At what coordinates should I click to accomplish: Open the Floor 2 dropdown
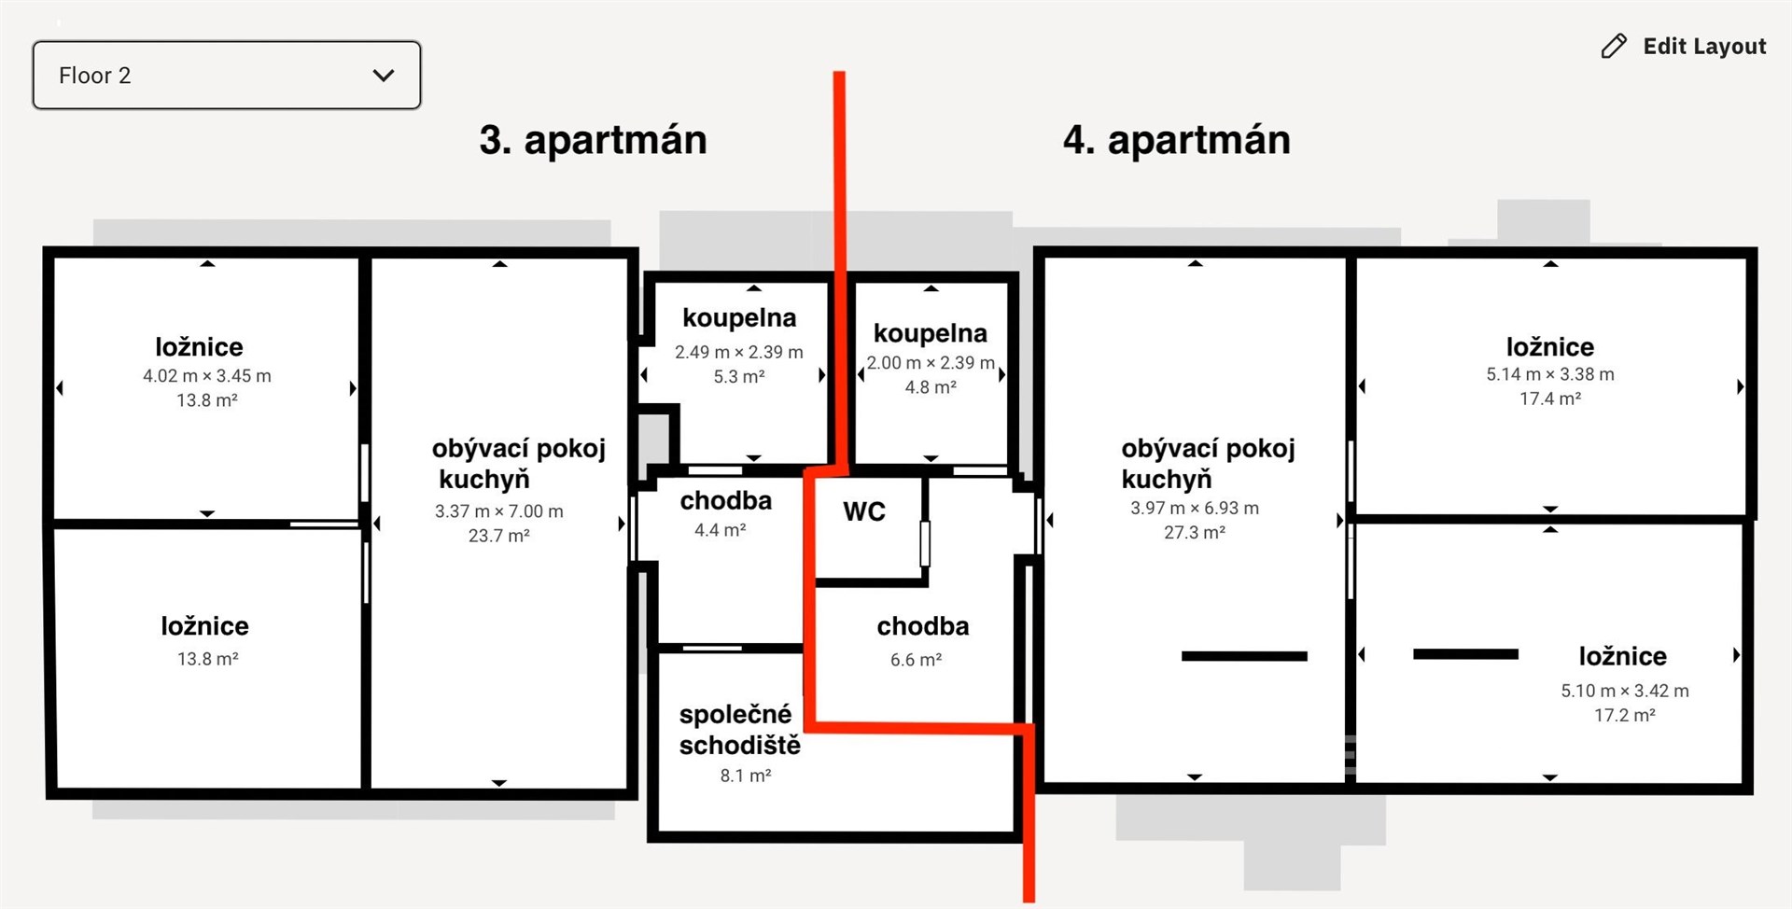click(x=226, y=75)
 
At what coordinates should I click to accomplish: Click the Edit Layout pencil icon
click(x=1614, y=47)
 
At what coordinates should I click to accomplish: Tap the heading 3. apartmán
click(x=593, y=140)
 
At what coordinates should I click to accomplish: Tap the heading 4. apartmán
click(x=1176, y=140)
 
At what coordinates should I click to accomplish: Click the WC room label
click(x=864, y=511)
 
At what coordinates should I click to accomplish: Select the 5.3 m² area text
click(x=739, y=376)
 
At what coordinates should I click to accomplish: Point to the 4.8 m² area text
click(x=931, y=386)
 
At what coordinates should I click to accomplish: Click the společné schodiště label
click(x=739, y=730)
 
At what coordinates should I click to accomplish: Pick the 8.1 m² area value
click(x=746, y=776)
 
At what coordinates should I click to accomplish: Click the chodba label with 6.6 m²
click(x=923, y=626)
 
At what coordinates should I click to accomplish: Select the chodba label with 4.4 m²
click(x=726, y=501)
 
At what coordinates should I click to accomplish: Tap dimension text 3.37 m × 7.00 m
click(x=499, y=511)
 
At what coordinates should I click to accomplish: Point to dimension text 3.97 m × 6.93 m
click(x=1195, y=508)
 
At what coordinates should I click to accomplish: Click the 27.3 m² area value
click(x=1195, y=532)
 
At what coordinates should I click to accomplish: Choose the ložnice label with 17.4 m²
click(x=1550, y=347)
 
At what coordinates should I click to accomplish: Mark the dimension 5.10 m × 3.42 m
click(x=1625, y=691)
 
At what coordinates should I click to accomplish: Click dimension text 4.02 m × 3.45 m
click(x=207, y=376)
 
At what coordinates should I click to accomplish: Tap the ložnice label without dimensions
click(x=205, y=626)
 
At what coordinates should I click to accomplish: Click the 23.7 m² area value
click(x=499, y=536)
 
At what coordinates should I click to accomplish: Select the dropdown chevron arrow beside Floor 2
click(x=384, y=76)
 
